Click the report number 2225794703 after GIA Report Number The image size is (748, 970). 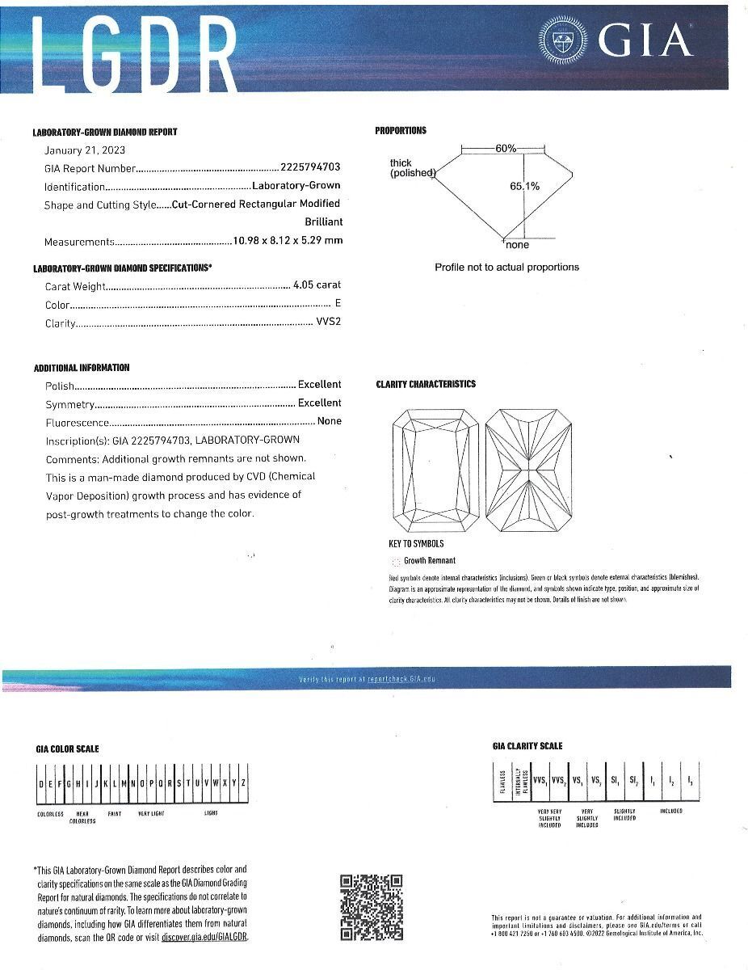(310, 167)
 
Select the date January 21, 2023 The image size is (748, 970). (84, 150)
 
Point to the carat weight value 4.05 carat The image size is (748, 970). (317, 285)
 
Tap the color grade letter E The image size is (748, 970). (338, 304)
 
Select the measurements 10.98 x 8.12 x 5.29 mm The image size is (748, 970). (288, 241)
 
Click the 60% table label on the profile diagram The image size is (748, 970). (506, 148)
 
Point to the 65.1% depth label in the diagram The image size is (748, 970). (524, 186)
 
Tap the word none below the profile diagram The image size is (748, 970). (517, 245)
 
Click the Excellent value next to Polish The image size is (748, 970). (319, 385)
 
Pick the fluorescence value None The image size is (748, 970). (329, 421)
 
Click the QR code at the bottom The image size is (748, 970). (371, 907)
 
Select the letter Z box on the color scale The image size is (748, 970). (242, 783)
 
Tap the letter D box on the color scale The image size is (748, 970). (41, 783)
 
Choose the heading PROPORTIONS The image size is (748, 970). (401, 131)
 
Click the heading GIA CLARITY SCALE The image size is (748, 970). (527, 746)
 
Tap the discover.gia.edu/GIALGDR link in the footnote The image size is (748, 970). (204, 937)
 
